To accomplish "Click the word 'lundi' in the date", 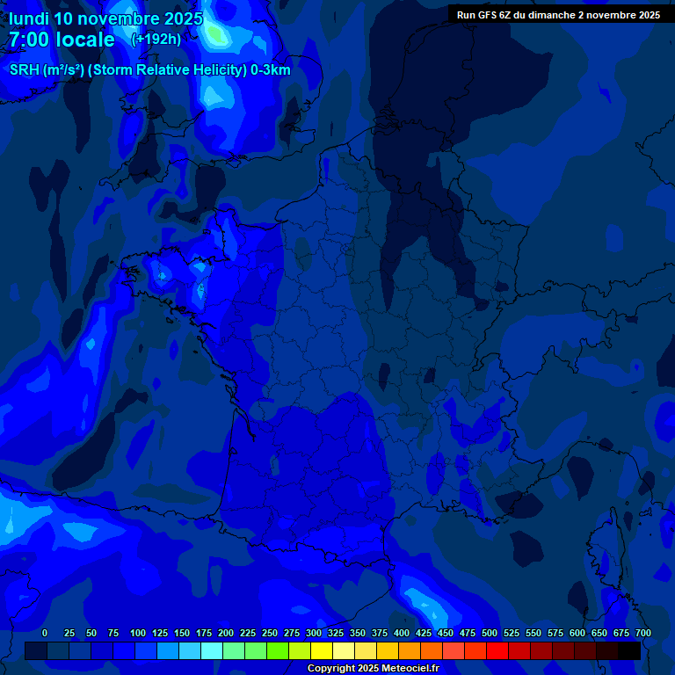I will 28,18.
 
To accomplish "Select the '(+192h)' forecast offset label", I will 156,39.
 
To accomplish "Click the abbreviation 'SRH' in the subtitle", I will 25,70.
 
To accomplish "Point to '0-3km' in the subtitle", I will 271,70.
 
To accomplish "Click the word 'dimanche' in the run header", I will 551,15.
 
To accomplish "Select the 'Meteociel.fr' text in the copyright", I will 404,669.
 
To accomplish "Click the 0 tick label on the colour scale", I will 45,634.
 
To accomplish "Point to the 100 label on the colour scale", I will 138,634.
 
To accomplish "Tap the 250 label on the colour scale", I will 270,634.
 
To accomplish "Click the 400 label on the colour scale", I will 402,634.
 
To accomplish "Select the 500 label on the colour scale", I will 490,634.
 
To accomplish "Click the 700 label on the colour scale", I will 643,634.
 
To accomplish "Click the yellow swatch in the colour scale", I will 322,650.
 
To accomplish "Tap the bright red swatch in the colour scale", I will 497,650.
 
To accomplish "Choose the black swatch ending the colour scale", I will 629,650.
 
